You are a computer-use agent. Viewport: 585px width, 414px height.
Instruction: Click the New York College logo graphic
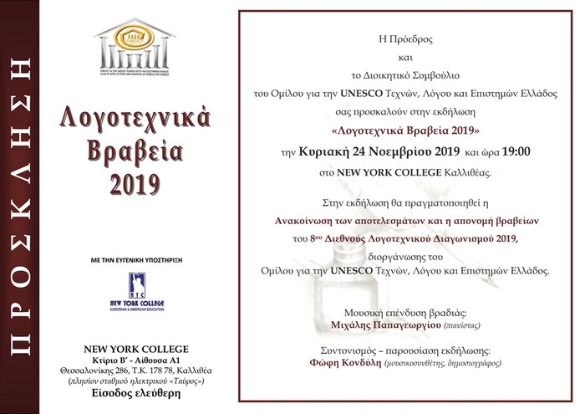pyautogui.click(x=135, y=292)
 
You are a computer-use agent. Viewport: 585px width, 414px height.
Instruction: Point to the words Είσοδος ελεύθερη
pyautogui.click(x=135, y=395)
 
